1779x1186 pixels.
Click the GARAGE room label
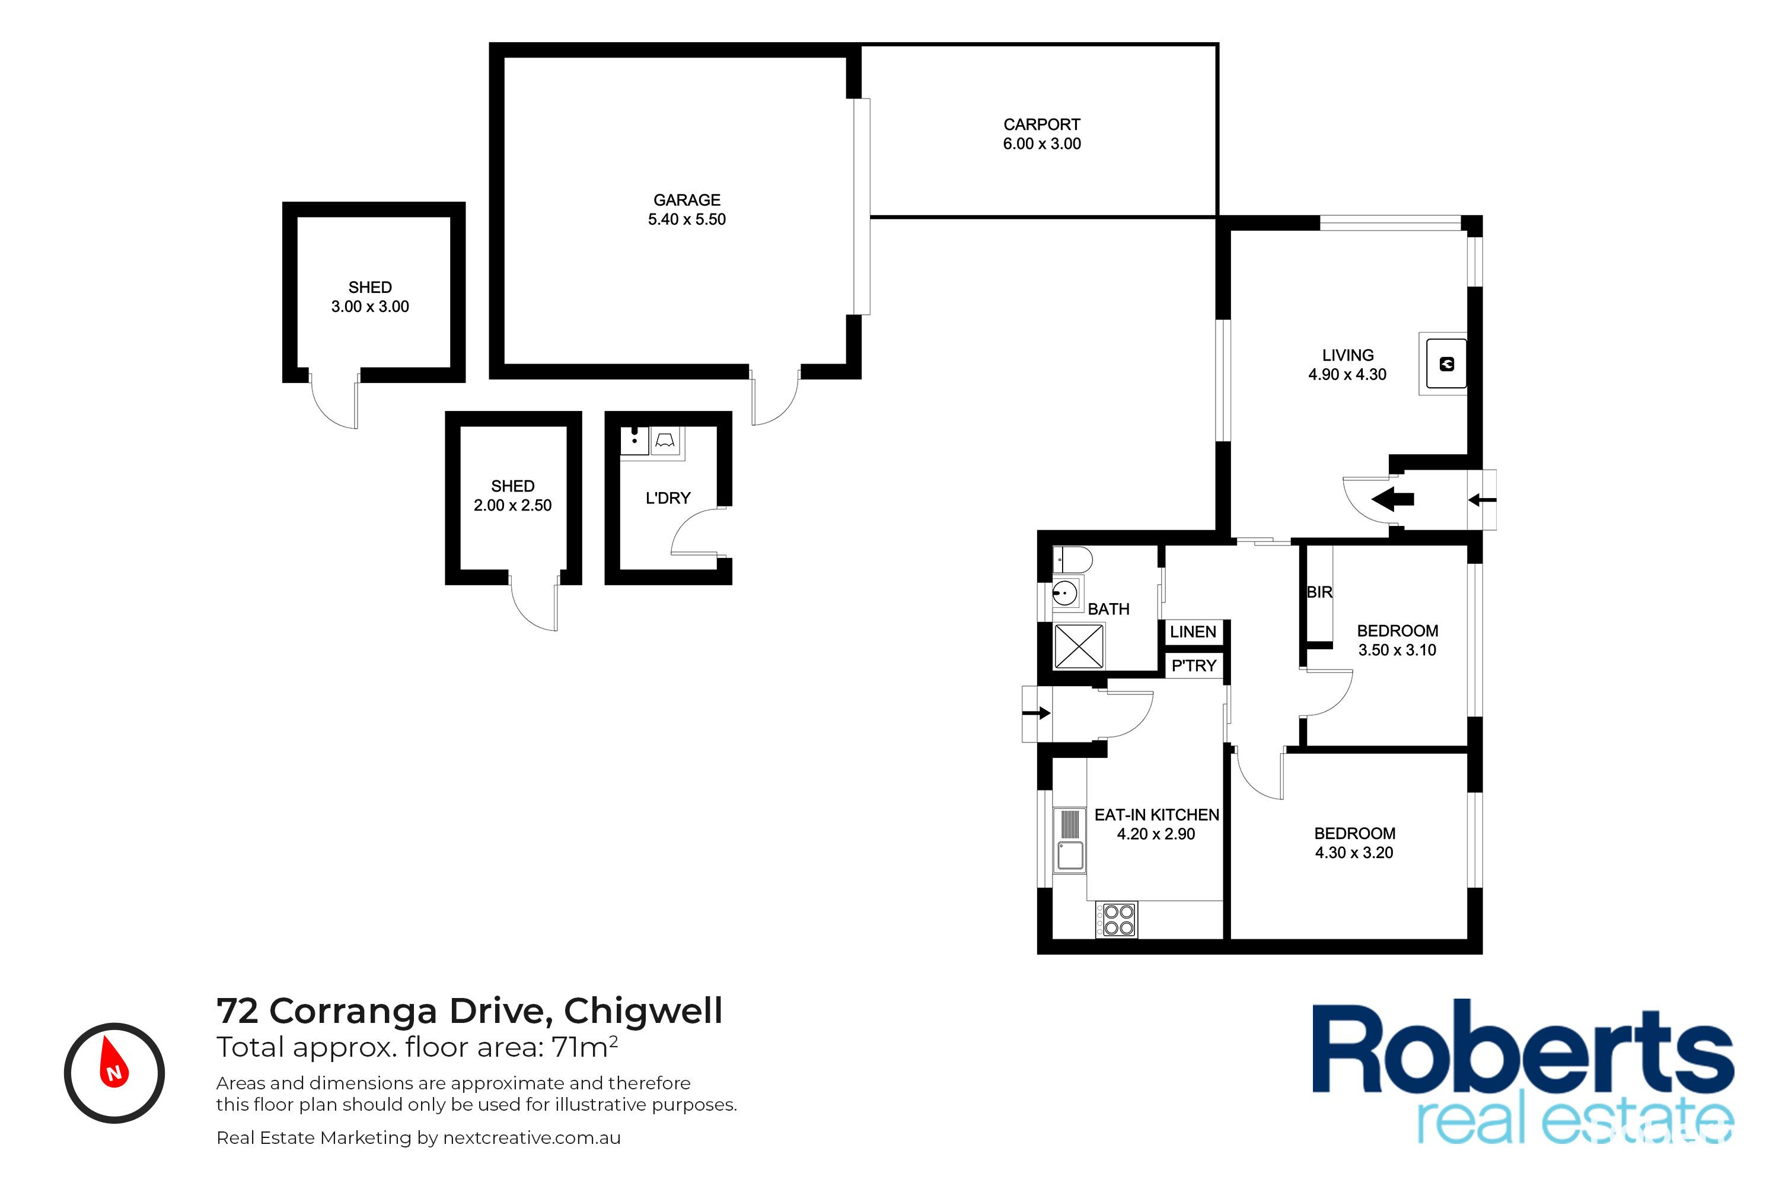click(x=687, y=200)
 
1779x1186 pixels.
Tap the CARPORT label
click(x=1041, y=124)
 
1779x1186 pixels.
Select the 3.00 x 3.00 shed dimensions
click(x=370, y=307)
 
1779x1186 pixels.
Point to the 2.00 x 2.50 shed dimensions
click(x=513, y=505)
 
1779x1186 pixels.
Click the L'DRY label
click(x=668, y=498)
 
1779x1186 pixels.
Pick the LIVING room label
click(x=1348, y=355)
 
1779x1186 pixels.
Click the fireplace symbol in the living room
click(x=1446, y=364)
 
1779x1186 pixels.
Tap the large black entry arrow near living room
click(x=1392, y=499)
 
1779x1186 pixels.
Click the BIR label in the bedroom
click(x=1319, y=592)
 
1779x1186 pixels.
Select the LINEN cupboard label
click(x=1193, y=632)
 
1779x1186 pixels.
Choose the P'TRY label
click(x=1194, y=665)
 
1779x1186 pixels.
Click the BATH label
click(x=1108, y=609)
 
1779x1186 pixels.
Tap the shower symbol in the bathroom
click(x=1079, y=646)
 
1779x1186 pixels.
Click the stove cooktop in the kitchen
click(x=1117, y=920)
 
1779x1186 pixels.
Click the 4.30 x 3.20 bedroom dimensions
click(x=1354, y=853)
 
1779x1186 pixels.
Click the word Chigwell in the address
click(x=643, y=1010)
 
